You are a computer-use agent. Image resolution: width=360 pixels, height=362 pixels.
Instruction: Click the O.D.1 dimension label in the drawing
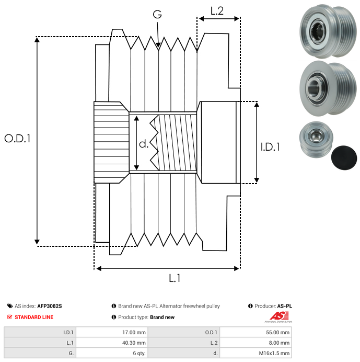tap(18, 139)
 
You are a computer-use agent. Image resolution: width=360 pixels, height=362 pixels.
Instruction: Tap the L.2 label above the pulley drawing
tap(217, 10)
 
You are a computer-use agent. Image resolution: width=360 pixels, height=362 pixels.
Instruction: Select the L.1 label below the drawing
tap(175, 279)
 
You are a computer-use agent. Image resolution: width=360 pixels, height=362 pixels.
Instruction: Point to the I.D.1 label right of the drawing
tap(270, 147)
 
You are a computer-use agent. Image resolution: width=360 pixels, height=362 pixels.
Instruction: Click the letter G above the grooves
tap(157, 15)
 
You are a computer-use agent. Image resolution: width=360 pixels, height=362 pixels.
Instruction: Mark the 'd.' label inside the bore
tap(144, 144)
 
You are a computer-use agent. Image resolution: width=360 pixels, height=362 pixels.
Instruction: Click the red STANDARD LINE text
tap(34, 317)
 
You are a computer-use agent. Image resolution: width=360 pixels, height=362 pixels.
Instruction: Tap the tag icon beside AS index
tap(9, 306)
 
